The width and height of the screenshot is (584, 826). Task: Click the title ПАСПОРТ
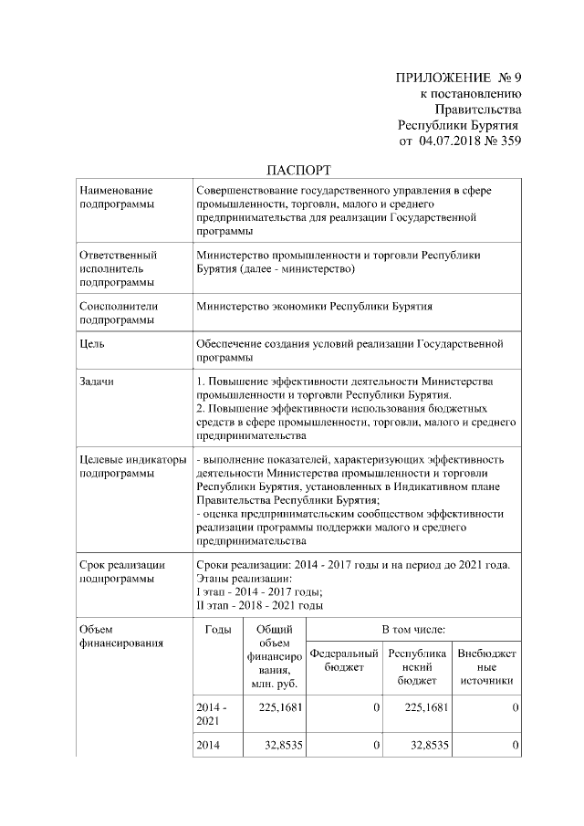coord(298,170)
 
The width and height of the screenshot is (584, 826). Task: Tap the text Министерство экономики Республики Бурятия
coord(314,308)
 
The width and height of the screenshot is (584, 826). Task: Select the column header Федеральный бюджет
coord(343,662)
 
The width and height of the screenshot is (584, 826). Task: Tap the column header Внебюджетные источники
coord(486,668)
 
